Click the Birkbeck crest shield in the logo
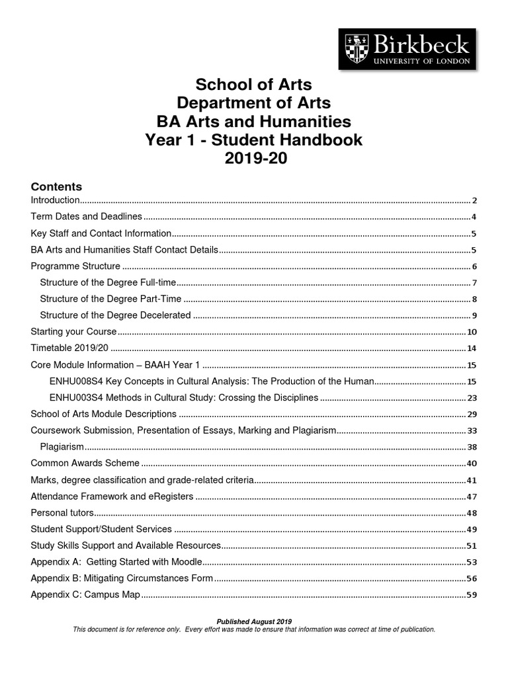(356, 50)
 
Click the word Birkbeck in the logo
(419, 45)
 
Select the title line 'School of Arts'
(254, 85)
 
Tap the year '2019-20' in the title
(254, 159)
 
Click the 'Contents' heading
(56, 186)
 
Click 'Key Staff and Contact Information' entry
(101, 233)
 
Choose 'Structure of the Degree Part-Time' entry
(110, 299)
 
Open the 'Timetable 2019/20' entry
(70, 348)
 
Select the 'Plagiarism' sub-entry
(62, 447)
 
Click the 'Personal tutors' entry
(63, 512)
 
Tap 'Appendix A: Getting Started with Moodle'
(116, 562)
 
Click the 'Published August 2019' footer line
(254, 621)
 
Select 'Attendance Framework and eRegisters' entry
(112, 497)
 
